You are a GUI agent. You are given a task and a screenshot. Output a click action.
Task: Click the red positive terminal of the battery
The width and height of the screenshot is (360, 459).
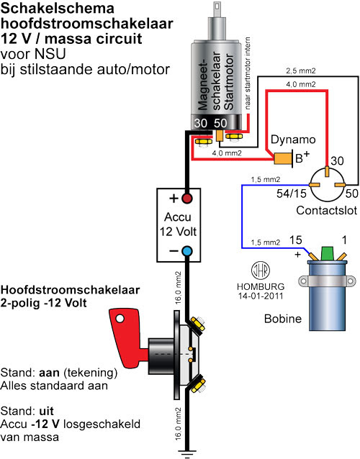(x=187, y=199)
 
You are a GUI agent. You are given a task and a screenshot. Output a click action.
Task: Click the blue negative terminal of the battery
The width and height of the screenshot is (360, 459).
(x=187, y=251)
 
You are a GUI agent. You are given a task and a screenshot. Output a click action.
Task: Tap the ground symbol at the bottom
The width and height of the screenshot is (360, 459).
(x=187, y=453)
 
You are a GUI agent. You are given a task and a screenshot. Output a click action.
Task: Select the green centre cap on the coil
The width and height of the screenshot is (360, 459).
(x=328, y=253)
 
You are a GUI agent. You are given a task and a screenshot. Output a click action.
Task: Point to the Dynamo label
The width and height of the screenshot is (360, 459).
(x=293, y=140)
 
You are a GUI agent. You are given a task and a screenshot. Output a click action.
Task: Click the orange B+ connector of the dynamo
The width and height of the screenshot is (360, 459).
(x=283, y=159)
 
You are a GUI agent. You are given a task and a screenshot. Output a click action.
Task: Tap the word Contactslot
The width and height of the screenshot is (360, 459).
(x=326, y=210)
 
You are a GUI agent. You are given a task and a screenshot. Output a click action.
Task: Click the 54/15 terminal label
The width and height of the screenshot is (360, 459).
(x=292, y=194)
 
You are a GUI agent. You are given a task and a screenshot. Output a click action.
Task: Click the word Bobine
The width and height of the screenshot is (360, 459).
(x=283, y=319)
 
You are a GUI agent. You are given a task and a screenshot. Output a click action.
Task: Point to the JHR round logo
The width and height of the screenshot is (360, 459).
(x=261, y=271)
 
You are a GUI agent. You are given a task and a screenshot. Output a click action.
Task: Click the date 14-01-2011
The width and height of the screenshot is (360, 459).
(x=261, y=296)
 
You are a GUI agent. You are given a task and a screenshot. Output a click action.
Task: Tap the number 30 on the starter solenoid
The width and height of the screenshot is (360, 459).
(x=201, y=123)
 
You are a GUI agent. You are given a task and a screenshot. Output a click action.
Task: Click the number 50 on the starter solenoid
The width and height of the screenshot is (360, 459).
(x=220, y=123)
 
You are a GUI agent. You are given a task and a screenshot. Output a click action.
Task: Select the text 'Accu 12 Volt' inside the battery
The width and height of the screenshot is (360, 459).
(x=178, y=224)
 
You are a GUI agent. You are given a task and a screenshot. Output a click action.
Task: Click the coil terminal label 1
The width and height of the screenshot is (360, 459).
(x=344, y=240)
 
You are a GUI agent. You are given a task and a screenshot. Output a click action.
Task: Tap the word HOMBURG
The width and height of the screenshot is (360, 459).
(x=261, y=286)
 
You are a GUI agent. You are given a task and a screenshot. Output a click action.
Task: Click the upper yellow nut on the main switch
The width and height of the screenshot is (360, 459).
(x=198, y=324)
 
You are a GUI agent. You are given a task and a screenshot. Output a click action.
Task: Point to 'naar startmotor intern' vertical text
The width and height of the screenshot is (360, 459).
(x=248, y=73)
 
